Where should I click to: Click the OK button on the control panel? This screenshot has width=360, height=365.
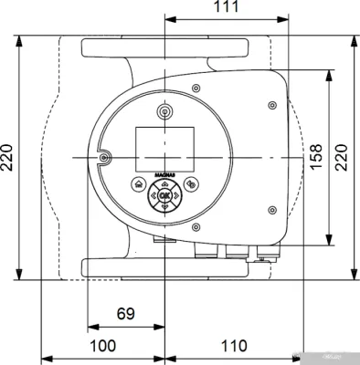pyautogui.click(x=164, y=195)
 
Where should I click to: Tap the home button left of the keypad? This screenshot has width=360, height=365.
pyautogui.click(x=138, y=184)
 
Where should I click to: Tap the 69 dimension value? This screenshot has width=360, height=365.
pyautogui.click(x=126, y=314)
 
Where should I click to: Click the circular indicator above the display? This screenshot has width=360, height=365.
pyautogui.click(x=164, y=113)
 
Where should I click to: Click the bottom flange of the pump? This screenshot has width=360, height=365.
pyautogui.click(x=164, y=266)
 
